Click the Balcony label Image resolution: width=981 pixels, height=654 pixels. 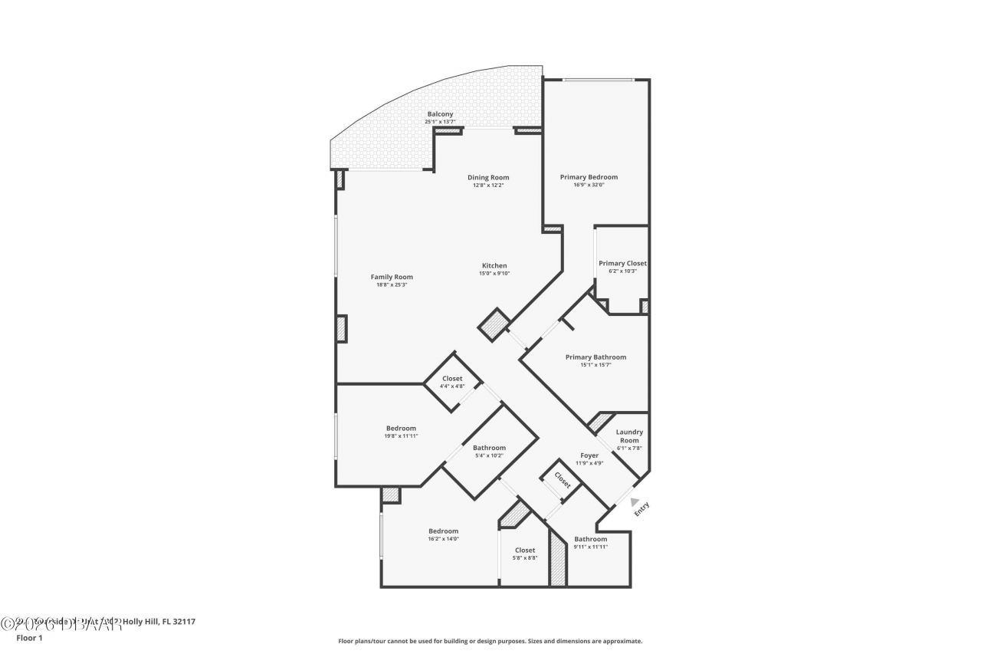pos(440,114)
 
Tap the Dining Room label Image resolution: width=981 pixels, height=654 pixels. pos(488,178)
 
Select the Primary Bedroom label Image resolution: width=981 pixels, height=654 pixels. pos(589,177)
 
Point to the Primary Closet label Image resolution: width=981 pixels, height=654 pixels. pos(622,263)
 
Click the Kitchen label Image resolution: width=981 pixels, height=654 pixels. pos(494,266)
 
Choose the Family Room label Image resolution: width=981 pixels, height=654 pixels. pos(392,277)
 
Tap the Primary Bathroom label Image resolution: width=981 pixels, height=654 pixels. pos(595,357)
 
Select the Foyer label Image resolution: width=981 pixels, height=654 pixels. pos(589,455)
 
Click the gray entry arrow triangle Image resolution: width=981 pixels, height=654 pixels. pos(635,502)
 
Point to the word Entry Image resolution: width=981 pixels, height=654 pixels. pos(641,509)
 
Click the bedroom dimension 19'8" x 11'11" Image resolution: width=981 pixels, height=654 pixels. pos(401,435)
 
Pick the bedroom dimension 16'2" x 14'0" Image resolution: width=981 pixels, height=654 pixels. pos(443,539)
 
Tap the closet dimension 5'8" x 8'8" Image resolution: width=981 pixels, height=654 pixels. pos(525,557)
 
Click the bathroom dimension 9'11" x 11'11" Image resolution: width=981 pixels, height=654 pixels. pos(590,547)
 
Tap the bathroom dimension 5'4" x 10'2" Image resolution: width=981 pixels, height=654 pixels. pos(488,455)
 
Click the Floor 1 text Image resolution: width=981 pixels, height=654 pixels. pos(30,637)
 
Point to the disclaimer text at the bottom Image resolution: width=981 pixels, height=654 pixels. pos(490,641)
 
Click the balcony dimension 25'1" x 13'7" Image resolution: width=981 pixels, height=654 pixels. pos(440,122)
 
